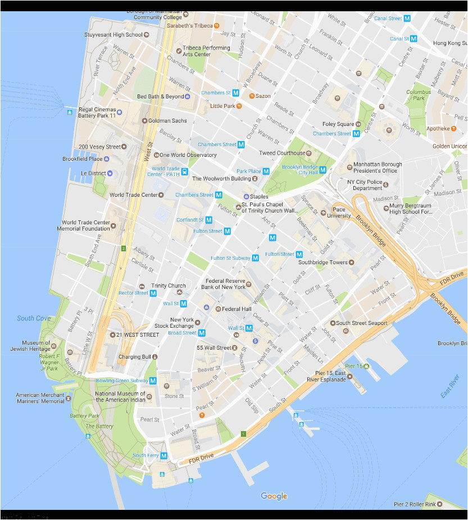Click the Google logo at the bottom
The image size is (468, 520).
(274, 496)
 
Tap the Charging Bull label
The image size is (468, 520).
(135, 357)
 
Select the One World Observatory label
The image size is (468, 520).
(188, 155)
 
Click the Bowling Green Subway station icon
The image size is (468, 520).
(152, 381)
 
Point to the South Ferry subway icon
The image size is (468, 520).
(164, 455)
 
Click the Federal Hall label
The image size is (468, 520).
(236, 309)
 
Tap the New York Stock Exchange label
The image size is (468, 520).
(174, 323)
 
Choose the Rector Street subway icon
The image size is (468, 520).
(153, 293)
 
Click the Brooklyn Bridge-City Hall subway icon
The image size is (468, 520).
(322, 170)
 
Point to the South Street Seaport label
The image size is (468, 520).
(362, 323)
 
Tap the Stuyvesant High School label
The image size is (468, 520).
(113, 35)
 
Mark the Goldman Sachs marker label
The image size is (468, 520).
(168, 121)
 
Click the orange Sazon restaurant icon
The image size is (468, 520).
(252, 96)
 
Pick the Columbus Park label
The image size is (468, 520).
(419, 95)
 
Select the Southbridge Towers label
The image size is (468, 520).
(323, 263)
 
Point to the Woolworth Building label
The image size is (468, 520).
(221, 179)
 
